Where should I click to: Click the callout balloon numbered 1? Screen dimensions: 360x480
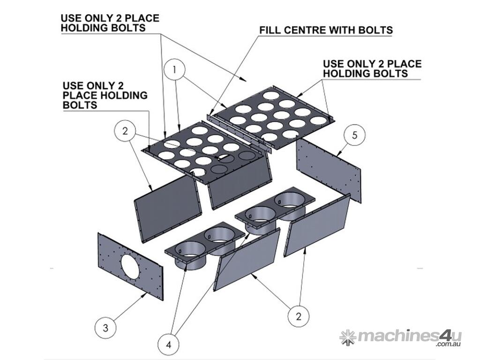(x=175, y=70)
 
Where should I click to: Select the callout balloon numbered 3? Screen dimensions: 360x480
(x=106, y=328)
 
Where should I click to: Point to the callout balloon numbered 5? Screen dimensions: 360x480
(x=354, y=135)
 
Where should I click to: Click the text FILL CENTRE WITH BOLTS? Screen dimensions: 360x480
(x=326, y=30)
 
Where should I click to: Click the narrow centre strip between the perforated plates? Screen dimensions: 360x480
(x=239, y=131)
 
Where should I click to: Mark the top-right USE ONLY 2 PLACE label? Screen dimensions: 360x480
(x=372, y=68)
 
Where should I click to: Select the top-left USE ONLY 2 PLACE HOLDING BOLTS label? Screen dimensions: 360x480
(x=110, y=23)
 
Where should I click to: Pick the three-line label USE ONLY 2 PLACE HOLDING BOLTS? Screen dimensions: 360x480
(x=105, y=95)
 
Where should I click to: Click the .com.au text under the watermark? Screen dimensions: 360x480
(x=449, y=345)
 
